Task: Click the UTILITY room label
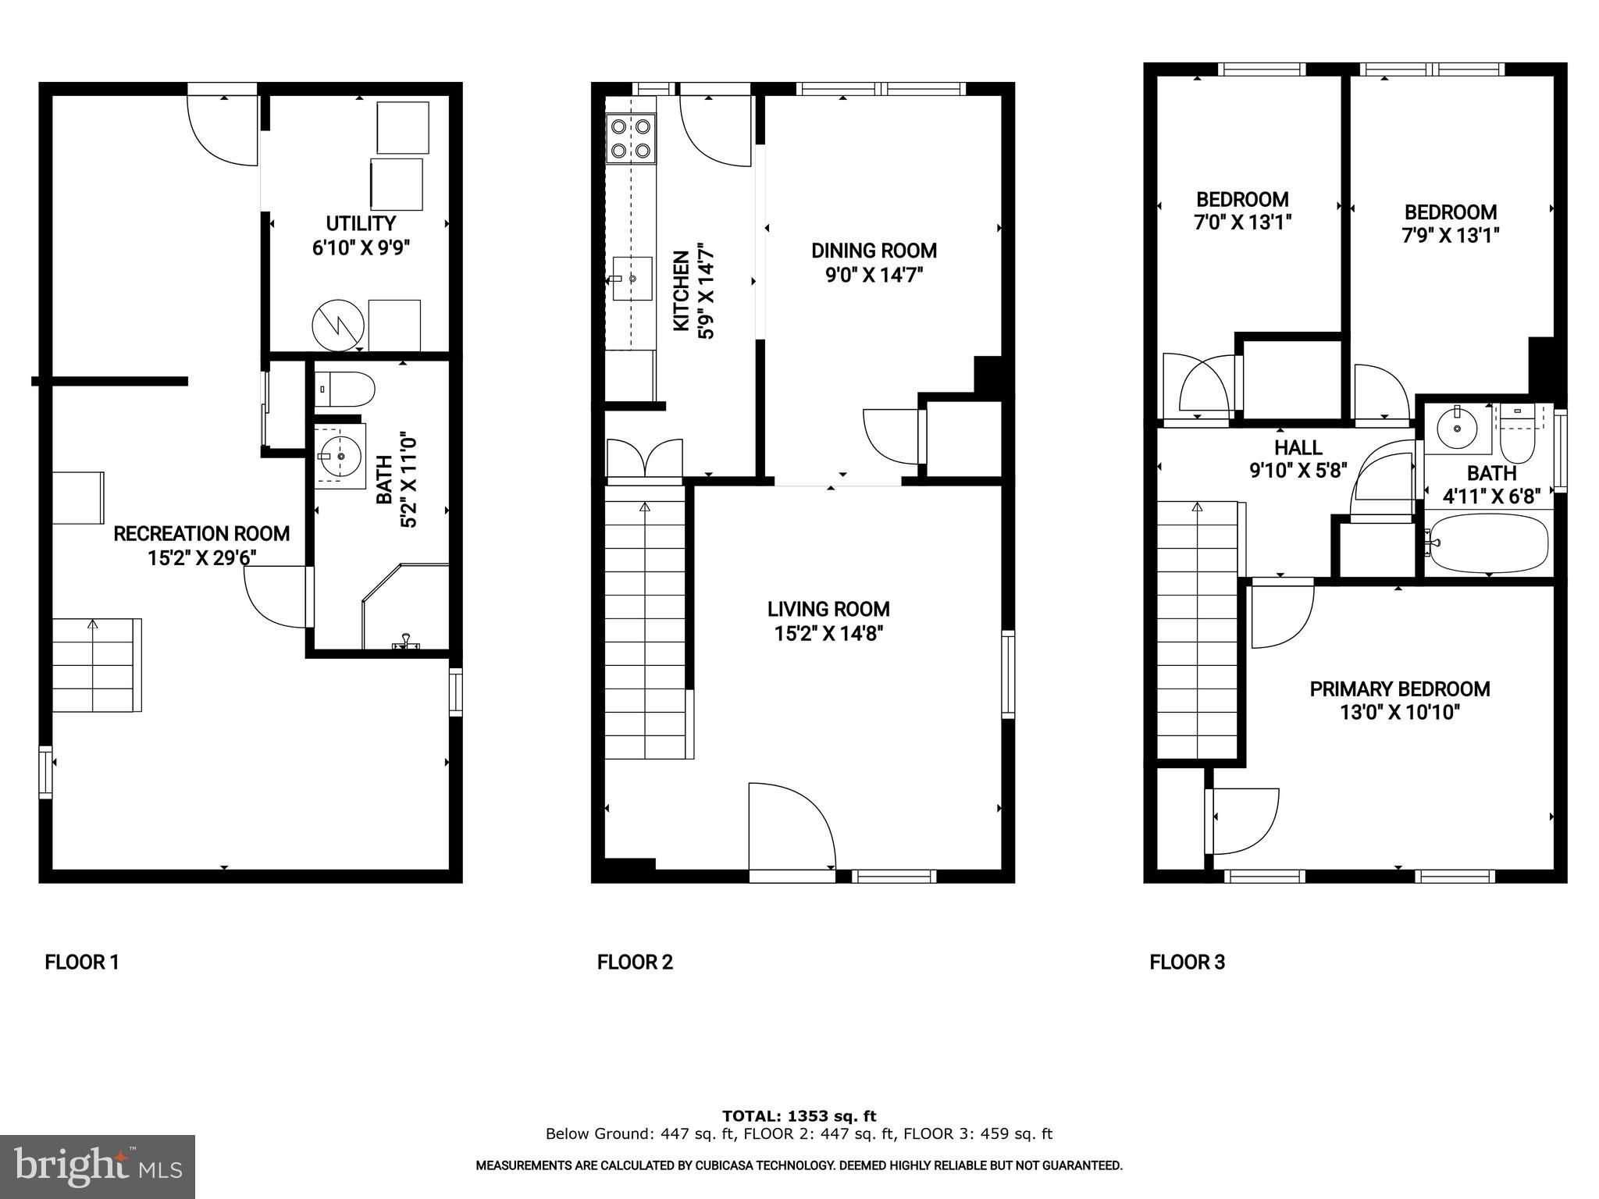361,224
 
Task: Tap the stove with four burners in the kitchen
631,138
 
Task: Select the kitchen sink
631,279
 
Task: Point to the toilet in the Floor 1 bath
346,389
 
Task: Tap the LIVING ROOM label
828,609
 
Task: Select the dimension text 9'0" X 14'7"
874,276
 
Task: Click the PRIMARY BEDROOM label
1399,689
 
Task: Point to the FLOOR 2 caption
635,962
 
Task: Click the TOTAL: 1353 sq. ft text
799,1116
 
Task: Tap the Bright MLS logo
97,1166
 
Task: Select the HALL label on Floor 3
1298,447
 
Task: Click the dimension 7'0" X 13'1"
1242,223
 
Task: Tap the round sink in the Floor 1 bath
340,455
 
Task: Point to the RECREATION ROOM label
201,534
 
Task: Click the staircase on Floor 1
96,664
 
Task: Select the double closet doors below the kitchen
644,459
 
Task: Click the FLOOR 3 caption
1187,962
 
